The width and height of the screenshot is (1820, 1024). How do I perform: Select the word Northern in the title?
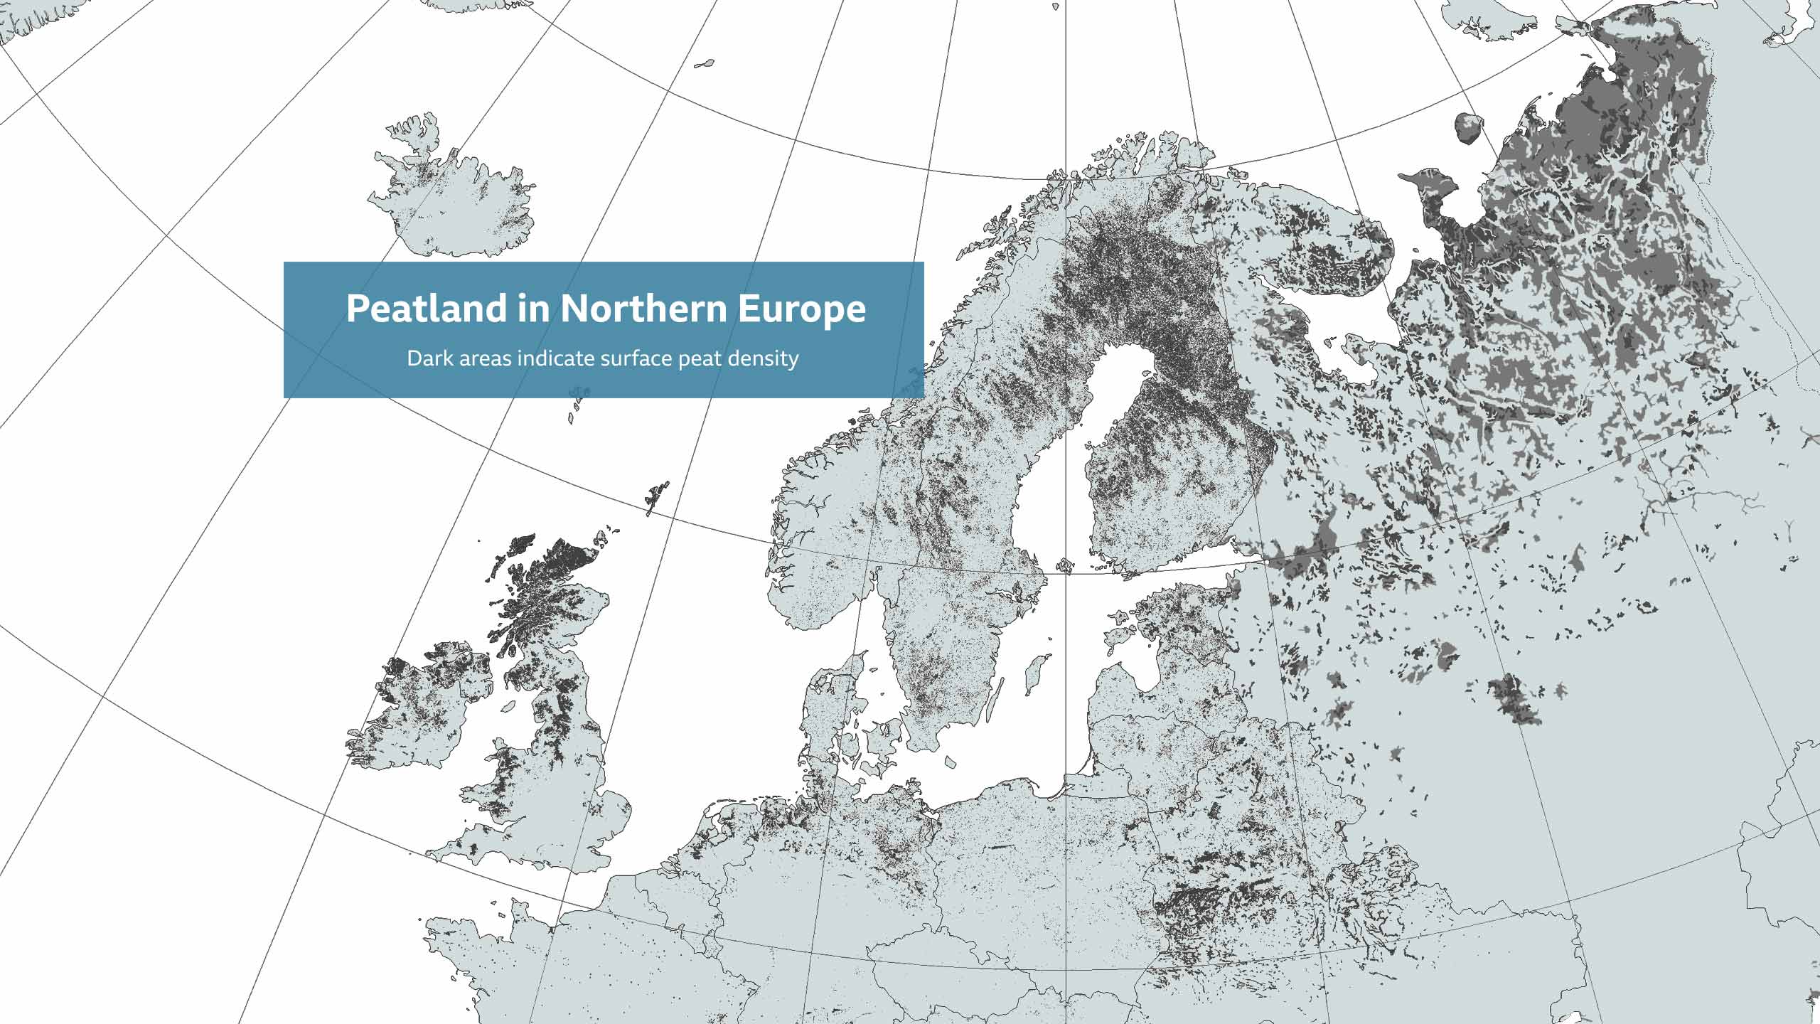point(644,309)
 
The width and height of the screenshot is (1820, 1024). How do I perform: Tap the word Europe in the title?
point(801,309)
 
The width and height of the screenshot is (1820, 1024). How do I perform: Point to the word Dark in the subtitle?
point(429,358)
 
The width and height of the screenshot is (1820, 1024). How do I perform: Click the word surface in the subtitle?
point(636,358)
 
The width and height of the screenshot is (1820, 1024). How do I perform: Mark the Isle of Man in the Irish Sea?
point(508,707)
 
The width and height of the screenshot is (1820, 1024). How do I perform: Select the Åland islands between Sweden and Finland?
point(1064,566)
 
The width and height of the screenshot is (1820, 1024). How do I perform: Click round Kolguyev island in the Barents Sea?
point(1467,128)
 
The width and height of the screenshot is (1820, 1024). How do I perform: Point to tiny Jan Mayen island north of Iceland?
point(704,64)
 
